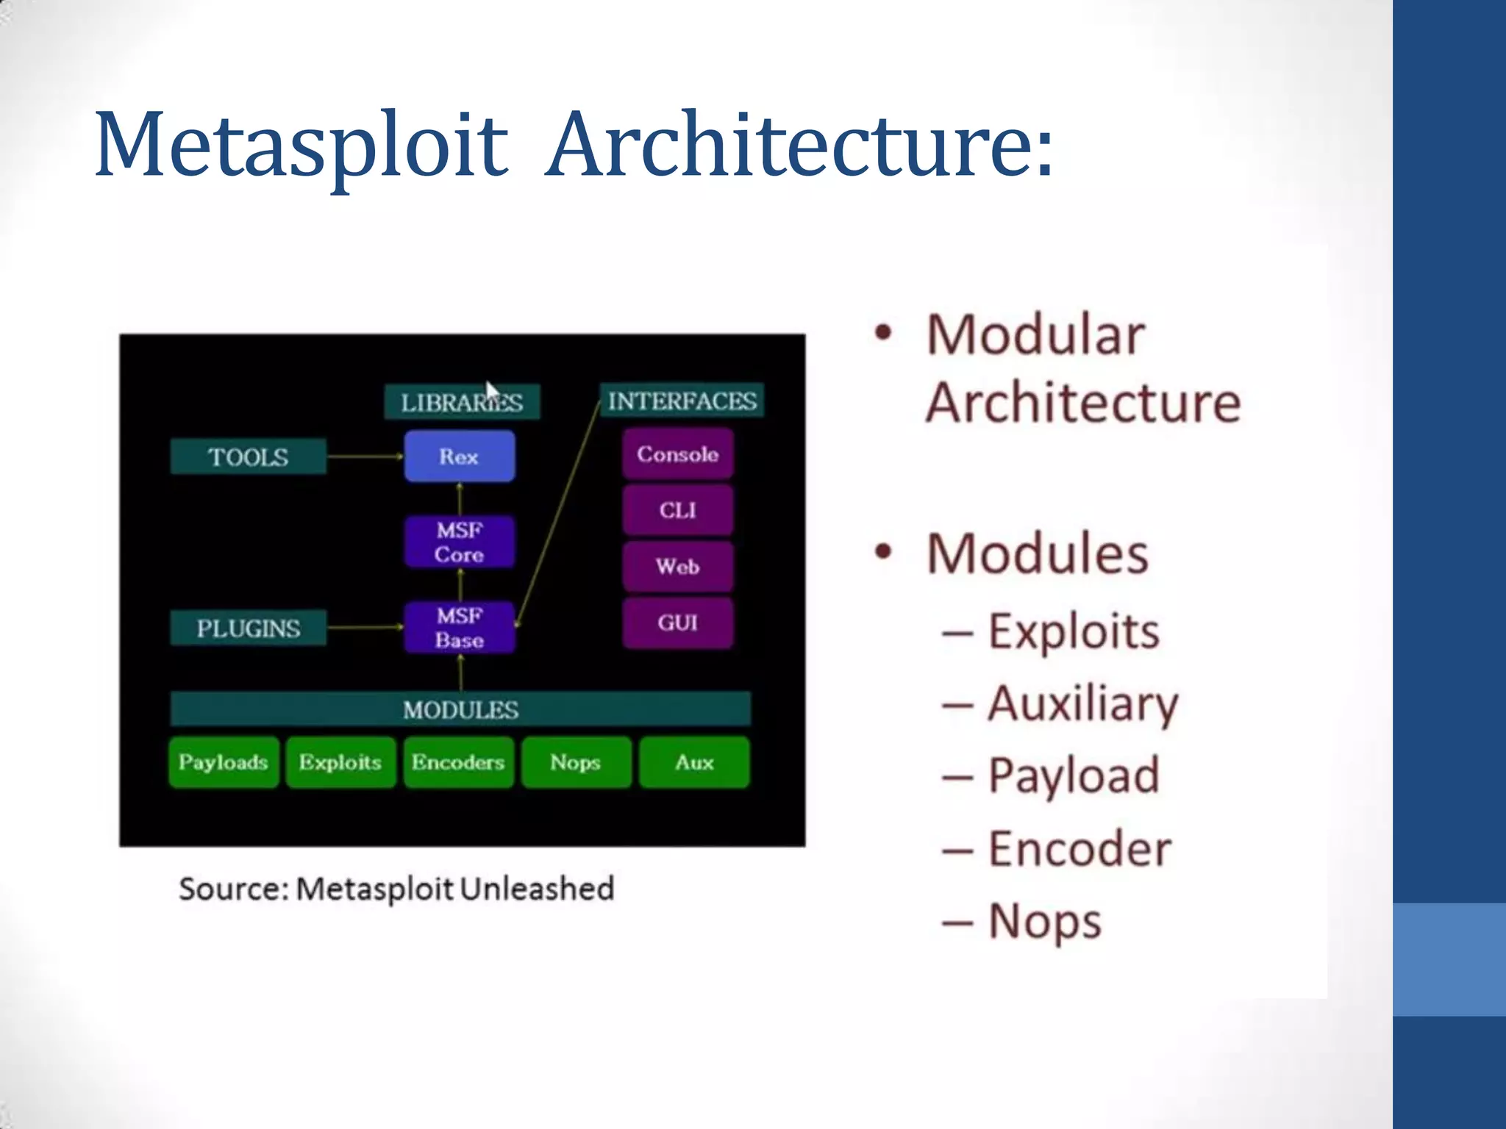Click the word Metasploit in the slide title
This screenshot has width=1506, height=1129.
click(301, 144)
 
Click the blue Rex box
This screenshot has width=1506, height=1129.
click(459, 456)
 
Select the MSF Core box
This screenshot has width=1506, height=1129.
click(459, 542)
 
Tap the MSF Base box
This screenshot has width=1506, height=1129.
click(459, 627)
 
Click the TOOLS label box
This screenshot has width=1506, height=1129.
click(248, 456)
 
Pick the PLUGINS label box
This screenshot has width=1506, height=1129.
click(248, 628)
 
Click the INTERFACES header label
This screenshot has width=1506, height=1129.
click(682, 401)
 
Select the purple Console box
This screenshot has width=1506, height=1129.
click(677, 454)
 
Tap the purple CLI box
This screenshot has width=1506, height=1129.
click(677, 510)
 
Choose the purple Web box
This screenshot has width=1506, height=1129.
click(677, 566)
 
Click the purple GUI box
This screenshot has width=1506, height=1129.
click(677, 623)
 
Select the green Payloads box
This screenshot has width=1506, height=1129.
click(223, 762)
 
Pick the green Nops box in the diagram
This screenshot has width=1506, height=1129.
click(576, 762)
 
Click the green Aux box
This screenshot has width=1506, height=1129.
click(694, 762)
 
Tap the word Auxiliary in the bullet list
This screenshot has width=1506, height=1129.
click(1082, 703)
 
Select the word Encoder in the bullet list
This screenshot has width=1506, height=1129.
click(1079, 849)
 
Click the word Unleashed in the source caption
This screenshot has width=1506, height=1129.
click(537, 889)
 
